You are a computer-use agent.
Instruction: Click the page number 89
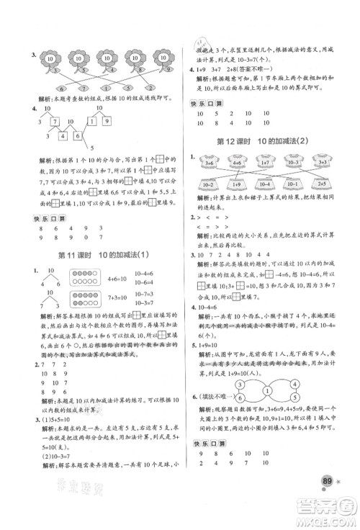330,498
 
